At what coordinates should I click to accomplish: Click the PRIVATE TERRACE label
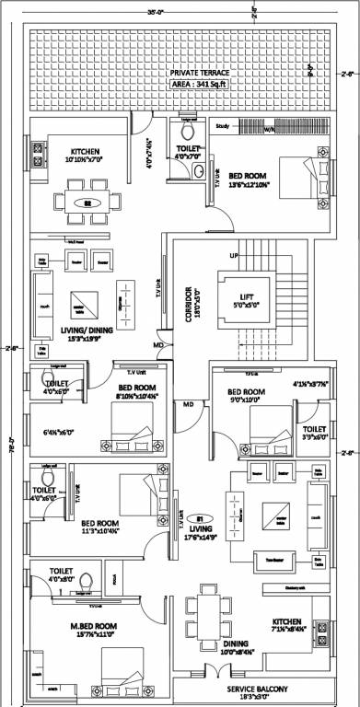coord(180,72)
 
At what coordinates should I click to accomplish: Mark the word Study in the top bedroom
coord(222,124)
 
